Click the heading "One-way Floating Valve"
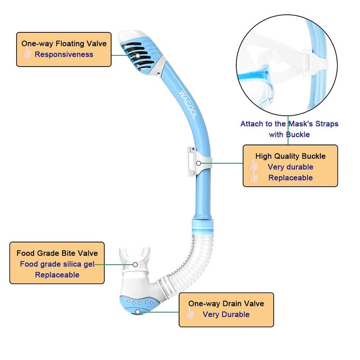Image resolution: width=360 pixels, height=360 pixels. tap(64, 44)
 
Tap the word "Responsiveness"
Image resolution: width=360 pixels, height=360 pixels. tap(64, 54)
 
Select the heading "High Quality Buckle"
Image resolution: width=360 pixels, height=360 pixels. tap(290, 156)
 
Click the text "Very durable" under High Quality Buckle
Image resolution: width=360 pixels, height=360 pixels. tap(290, 167)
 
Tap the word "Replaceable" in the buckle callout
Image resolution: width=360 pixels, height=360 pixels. tap(290, 178)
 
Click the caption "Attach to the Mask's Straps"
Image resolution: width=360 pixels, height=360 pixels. tap(289, 123)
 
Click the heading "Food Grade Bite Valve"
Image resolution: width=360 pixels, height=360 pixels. tap(57, 253)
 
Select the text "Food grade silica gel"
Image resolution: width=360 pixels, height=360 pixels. tap(57, 264)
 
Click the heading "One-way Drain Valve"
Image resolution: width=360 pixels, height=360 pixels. tap(226, 304)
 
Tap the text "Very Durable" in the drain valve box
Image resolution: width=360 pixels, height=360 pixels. tap(226, 315)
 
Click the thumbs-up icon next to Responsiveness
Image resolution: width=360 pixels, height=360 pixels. tap(27, 54)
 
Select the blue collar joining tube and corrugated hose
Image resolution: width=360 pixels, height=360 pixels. tap(203, 224)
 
